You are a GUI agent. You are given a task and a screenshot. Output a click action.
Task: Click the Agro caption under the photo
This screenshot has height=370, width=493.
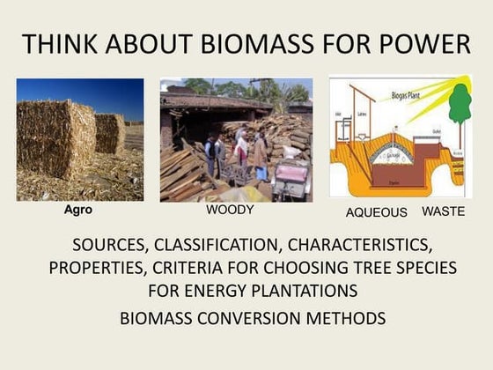point(78,211)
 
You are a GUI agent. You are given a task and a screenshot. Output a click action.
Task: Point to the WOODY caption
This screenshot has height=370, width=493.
point(230,211)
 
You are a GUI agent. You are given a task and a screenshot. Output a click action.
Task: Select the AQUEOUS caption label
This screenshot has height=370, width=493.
point(376,212)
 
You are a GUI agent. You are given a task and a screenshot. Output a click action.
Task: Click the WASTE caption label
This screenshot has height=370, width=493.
point(444,211)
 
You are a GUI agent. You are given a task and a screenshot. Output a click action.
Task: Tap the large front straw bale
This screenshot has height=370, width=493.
point(55,141)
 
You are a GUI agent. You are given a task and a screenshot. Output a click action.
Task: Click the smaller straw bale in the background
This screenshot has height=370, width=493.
point(110,132)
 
